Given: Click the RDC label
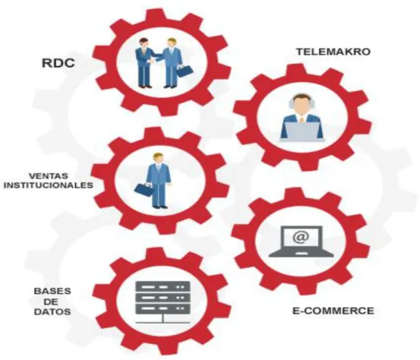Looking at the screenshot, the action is pyautogui.click(x=58, y=63).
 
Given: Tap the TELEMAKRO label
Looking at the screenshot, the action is pyautogui.click(x=333, y=52).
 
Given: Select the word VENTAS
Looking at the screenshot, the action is pyautogui.click(x=49, y=176).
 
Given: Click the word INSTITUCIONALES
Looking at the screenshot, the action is pyautogui.click(x=49, y=185).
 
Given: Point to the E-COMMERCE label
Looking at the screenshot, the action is pyautogui.click(x=333, y=311).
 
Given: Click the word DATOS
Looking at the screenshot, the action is pyautogui.click(x=52, y=312).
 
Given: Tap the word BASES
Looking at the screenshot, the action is pyautogui.click(x=52, y=291).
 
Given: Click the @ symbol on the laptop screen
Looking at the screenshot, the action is pyautogui.click(x=301, y=237).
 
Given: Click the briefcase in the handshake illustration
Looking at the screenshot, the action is pyautogui.click(x=185, y=71).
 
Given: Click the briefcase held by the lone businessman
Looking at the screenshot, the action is pyautogui.click(x=144, y=190).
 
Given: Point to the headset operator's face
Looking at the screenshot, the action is pyautogui.click(x=302, y=103).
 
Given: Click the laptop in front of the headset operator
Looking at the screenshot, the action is pyautogui.click(x=302, y=131).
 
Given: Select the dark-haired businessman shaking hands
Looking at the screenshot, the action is pyautogui.click(x=144, y=63).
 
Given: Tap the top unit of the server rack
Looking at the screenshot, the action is pyautogui.click(x=163, y=286).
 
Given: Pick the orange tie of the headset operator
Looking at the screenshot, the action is pyautogui.click(x=302, y=118).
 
